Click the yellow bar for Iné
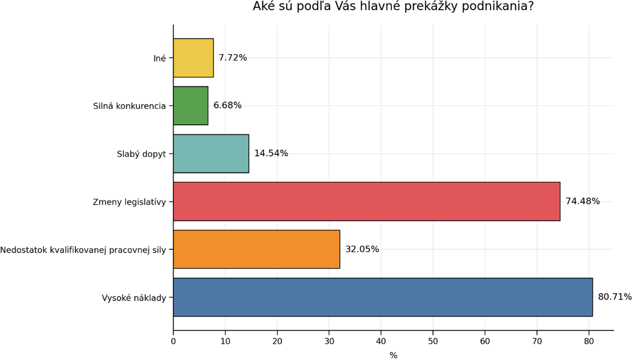click(193, 58)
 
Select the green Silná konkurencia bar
click(191, 105)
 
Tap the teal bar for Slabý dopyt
click(211, 154)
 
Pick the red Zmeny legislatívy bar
click(366, 201)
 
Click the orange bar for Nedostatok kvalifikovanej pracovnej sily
click(256, 249)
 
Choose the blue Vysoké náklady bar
click(382, 297)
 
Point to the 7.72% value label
click(233, 58)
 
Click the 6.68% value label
click(227, 105)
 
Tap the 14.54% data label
click(271, 154)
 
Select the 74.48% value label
click(582, 201)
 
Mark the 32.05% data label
click(362, 249)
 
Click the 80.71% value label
click(615, 297)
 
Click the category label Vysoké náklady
click(134, 298)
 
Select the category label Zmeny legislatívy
click(129, 202)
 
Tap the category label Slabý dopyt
click(142, 154)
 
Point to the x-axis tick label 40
click(381, 341)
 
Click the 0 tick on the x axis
click(173, 341)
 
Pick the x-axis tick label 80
click(588, 341)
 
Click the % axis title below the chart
click(393, 355)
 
